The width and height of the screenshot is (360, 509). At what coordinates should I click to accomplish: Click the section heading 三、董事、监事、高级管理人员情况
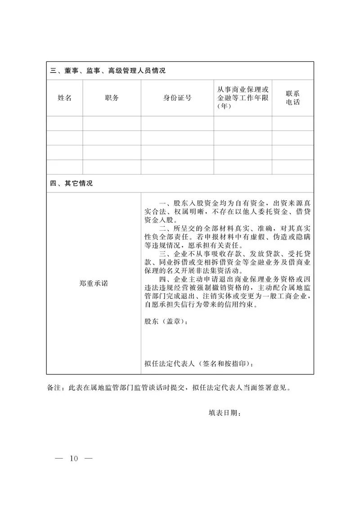pyautogui.click(x=108, y=71)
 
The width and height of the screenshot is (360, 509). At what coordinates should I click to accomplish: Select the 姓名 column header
pyautogui.click(x=64, y=98)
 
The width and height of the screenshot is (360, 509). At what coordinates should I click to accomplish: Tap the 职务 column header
pyautogui.click(x=112, y=98)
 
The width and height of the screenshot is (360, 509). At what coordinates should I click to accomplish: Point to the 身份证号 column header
pyautogui.click(x=177, y=98)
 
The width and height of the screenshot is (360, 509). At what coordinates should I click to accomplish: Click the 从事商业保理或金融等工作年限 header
pyautogui.click(x=243, y=98)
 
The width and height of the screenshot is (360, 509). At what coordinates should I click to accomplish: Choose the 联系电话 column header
pyautogui.click(x=292, y=98)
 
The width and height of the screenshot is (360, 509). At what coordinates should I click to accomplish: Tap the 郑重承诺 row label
pyautogui.click(x=93, y=284)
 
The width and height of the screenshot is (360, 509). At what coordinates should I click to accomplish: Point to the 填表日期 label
pyautogui.click(x=225, y=413)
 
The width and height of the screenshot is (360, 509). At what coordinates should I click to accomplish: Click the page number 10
pyautogui.click(x=73, y=459)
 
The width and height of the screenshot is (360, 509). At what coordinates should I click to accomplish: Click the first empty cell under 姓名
pyautogui.click(x=64, y=123)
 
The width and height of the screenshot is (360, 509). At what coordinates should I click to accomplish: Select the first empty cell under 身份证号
pyautogui.click(x=177, y=123)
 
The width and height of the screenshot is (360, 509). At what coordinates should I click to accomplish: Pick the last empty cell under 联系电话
pyautogui.click(x=292, y=167)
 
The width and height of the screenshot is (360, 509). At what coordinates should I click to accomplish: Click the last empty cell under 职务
pyautogui.click(x=112, y=167)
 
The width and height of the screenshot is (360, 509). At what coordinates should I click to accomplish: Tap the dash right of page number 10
pyautogui.click(x=88, y=459)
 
